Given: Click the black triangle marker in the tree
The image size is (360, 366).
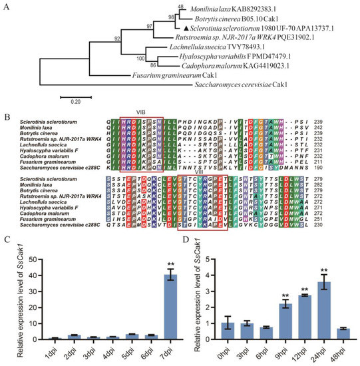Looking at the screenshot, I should pos(178,28).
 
